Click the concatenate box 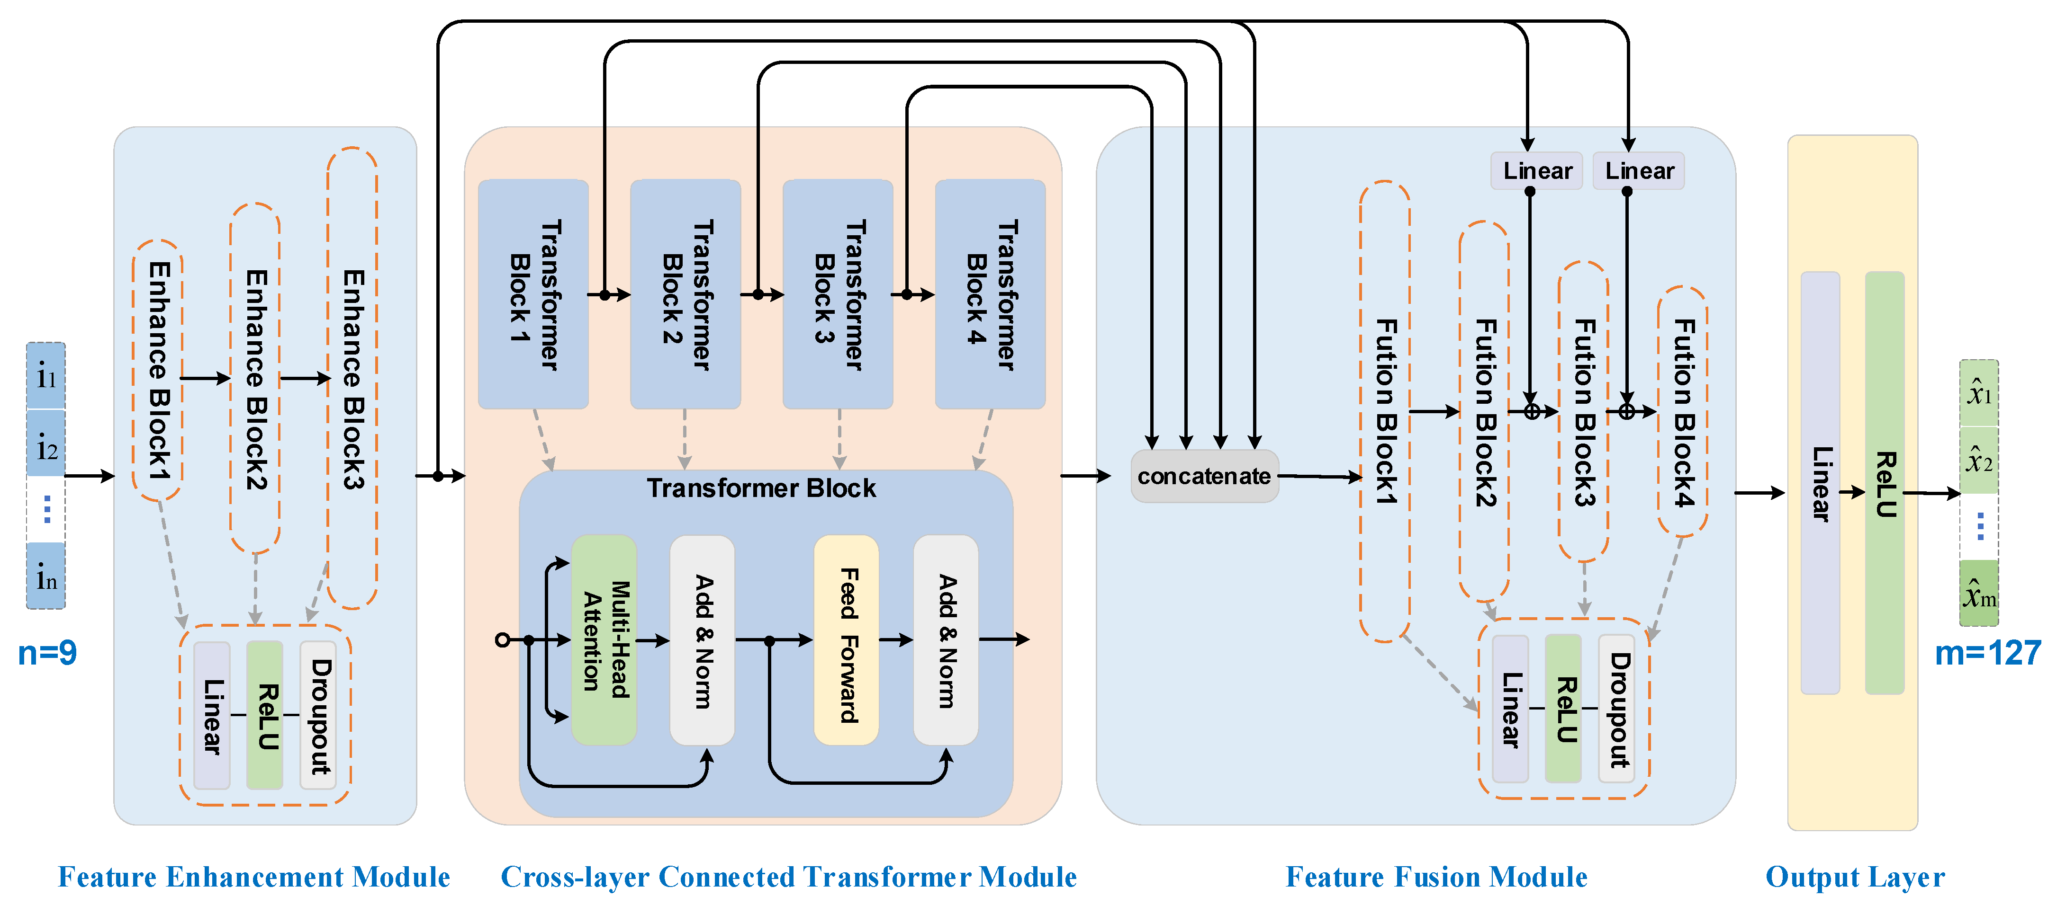point(1204,477)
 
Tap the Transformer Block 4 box point(990,294)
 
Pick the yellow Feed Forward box point(847,640)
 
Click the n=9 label point(47,653)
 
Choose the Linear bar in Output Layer point(1821,483)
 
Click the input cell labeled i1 point(46,376)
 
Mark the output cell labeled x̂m point(1980,593)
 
